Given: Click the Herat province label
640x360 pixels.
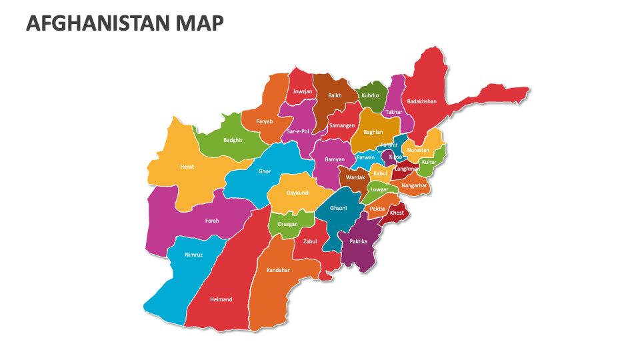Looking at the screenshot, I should (x=187, y=167).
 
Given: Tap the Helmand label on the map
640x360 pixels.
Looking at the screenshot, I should (x=221, y=299).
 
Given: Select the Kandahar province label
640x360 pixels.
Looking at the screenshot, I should (x=278, y=270).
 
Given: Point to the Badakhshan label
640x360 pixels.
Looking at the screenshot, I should (x=422, y=101).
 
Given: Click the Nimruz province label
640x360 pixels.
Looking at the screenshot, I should (x=193, y=255).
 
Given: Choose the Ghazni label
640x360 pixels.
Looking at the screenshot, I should (x=339, y=208).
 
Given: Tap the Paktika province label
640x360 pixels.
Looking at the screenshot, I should (x=359, y=241).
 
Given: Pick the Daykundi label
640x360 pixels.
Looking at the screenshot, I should (x=298, y=193).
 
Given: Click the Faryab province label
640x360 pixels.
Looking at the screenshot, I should (x=265, y=121).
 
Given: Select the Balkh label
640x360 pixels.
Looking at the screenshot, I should (x=335, y=95).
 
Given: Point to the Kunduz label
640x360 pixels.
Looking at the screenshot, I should (x=371, y=95).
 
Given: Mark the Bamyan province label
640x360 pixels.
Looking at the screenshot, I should (x=335, y=159).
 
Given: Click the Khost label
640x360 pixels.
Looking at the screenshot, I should (x=397, y=213).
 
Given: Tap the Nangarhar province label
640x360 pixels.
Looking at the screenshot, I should (x=414, y=185).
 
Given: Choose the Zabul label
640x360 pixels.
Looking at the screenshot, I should (x=310, y=241).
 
